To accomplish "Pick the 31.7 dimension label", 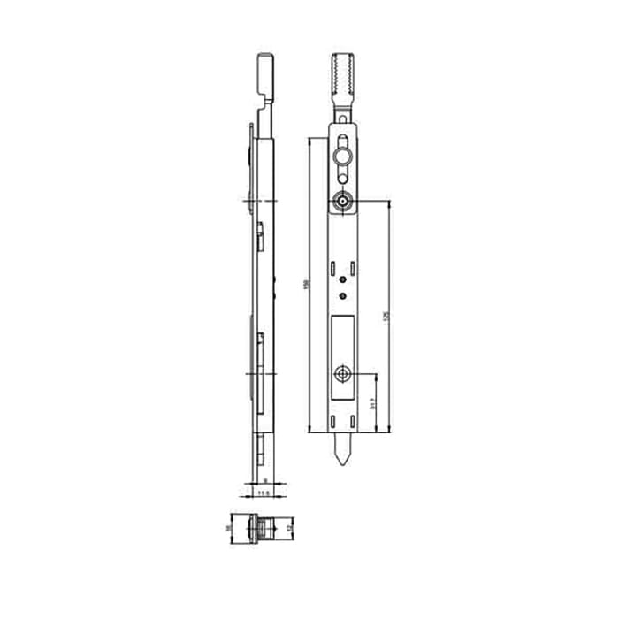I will click(x=375, y=403).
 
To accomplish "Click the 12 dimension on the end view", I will click(x=289, y=528).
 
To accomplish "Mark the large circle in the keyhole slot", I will click(x=342, y=157).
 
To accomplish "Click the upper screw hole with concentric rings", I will click(x=342, y=202).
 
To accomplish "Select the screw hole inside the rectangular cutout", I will click(x=342, y=375).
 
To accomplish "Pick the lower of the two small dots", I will click(x=342, y=295).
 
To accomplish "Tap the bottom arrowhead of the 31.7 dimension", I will click(x=377, y=430).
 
